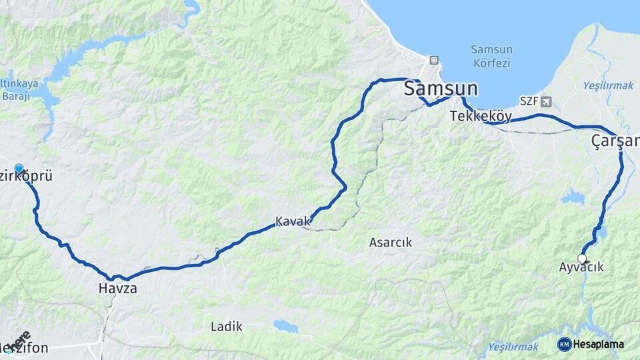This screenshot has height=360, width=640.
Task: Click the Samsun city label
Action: tap(441, 89)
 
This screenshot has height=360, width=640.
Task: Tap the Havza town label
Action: tap(117, 289)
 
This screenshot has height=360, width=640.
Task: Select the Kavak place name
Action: tap(293, 221)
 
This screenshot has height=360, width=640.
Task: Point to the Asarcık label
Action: tap(391, 243)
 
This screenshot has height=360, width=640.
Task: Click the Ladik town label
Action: tap(227, 327)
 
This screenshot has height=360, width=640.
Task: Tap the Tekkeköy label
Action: tap(481, 116)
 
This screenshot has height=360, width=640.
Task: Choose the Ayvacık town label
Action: tap(582, 267)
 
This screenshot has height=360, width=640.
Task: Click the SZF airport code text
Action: tap(529, 101)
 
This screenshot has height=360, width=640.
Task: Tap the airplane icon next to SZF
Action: tap(547, 101)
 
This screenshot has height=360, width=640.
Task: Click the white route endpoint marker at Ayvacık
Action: tap(582, 258)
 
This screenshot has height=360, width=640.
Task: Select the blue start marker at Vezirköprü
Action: tap(19, 169)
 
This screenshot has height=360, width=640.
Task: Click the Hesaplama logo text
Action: tap(598, 344)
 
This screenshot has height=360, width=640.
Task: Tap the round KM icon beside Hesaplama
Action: tap(564, 344)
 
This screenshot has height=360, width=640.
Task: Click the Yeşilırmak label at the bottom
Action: tap(513, 347)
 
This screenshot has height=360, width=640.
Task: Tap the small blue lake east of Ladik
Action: tap(286, 326)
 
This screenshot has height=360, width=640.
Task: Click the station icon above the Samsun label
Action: tap(434, 60)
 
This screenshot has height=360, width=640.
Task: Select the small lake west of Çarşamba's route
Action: tap(572, 197)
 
